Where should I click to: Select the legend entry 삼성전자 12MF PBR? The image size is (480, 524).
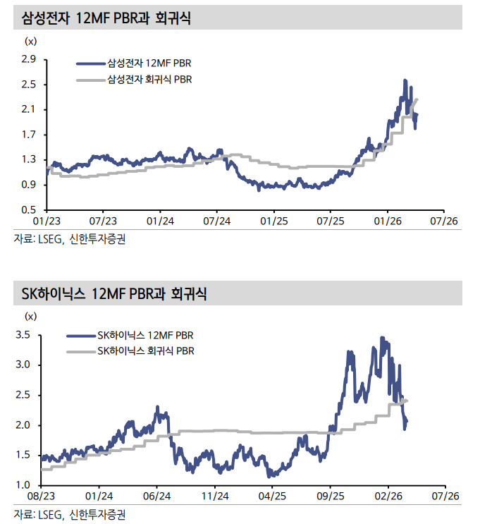pyautogui.click(x=144, y=63)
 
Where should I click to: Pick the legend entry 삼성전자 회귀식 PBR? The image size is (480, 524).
pyautogui.click(x=148, y=80)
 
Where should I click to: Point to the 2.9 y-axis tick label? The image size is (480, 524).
pyautogui.click(x=28, y=59)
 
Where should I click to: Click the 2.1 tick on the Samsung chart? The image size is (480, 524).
pyautogui.click(x=28, y=109)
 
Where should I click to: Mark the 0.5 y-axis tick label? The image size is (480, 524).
pyautogui.click(x=28, y=210)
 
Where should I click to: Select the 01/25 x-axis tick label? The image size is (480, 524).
pyautogui.click(x=273, y=221)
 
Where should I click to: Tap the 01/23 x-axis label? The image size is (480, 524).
pyautogui.click(x=46, y=221)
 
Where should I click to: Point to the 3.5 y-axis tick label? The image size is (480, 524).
pyautogui.click(x=23, y=335)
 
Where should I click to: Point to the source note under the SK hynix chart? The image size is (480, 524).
pyautogui.click(x=70, y=514)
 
